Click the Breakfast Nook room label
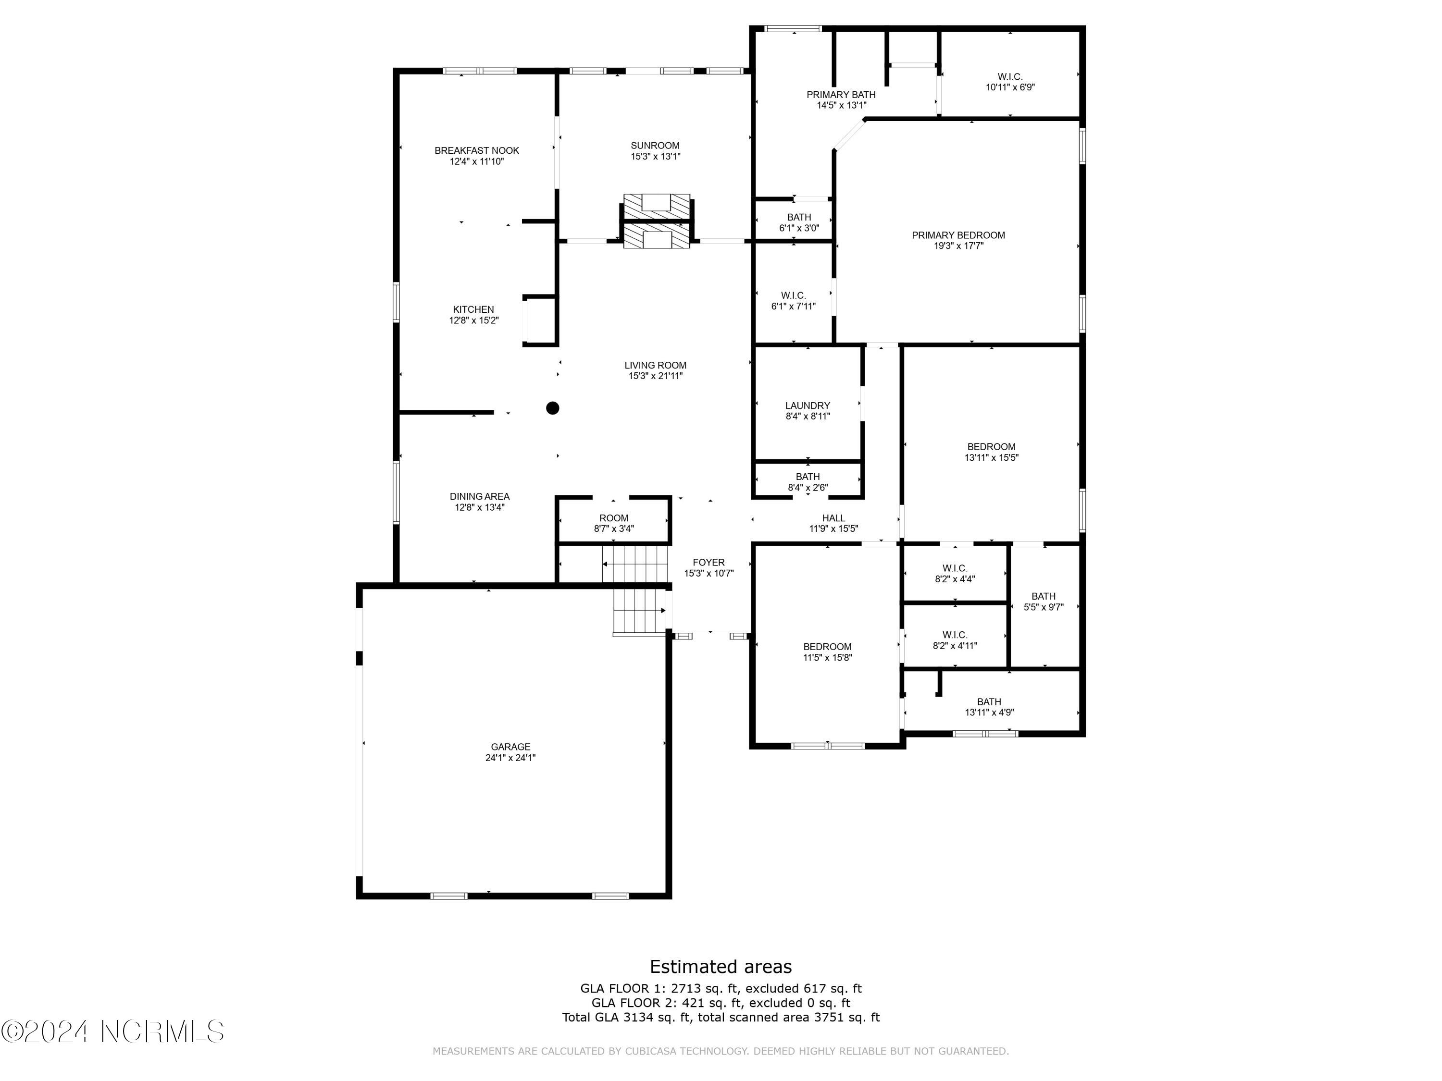[x=476, y=150]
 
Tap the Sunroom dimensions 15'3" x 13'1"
[x=655, y=156]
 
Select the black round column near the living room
[x=552, y=408]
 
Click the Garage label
[x=510, y=747]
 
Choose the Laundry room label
[x=807, y=405]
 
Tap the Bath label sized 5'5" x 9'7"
[x=1043, y=596]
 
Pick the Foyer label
[x=708, y=562]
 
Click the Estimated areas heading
[x=721, y=966]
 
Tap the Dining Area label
[x=479, y=496]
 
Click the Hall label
[x=833, y=518]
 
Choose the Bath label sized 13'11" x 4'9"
[x=988, y=702]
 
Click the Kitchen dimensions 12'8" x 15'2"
[x=473, y=320]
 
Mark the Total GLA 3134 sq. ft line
[x=721, y=1017]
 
